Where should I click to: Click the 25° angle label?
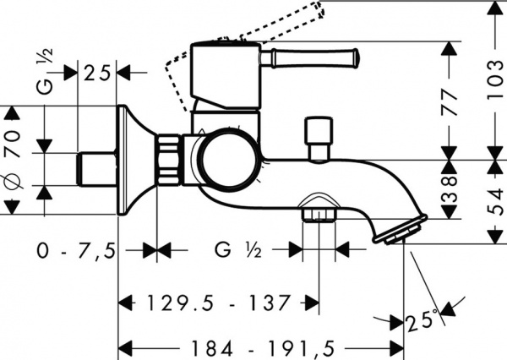tap(422, 322)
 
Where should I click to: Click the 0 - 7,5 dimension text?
tap(75, 250)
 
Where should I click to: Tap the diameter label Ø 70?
tap(12, 160)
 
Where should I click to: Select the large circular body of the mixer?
tap(226, 159)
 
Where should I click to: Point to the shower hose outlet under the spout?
tap(318, 210)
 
